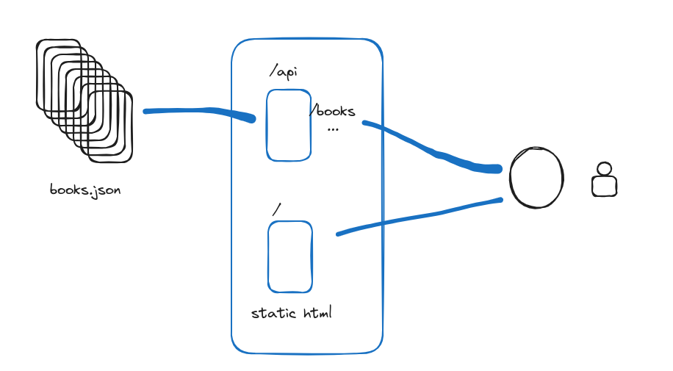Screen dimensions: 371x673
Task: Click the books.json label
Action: (x=84, y=190)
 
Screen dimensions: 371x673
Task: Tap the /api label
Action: (x=284, y=71)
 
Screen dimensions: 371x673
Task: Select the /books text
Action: (x=333, y=112)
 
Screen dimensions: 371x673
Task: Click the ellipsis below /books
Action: (x=333, y=129)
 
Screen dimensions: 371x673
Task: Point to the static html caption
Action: (x=292, y=313)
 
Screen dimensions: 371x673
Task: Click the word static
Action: (x=273, y=313)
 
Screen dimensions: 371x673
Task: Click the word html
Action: (x=317, y=313)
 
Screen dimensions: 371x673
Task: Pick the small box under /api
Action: (x=288, y=125)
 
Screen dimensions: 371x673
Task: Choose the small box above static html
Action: (x=289, y=256)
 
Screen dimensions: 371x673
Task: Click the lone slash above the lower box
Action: (x=276, y=210)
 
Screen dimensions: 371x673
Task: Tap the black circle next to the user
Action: (x=537, y=178)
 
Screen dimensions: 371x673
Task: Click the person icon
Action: (x=604, y=179)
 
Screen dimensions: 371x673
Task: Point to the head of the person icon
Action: (x=604, y=169)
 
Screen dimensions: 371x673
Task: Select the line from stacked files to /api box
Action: (x=198, y=112)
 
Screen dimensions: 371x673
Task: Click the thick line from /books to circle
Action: (x=433, y=151)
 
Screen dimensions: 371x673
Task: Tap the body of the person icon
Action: (x=604, y=187)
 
